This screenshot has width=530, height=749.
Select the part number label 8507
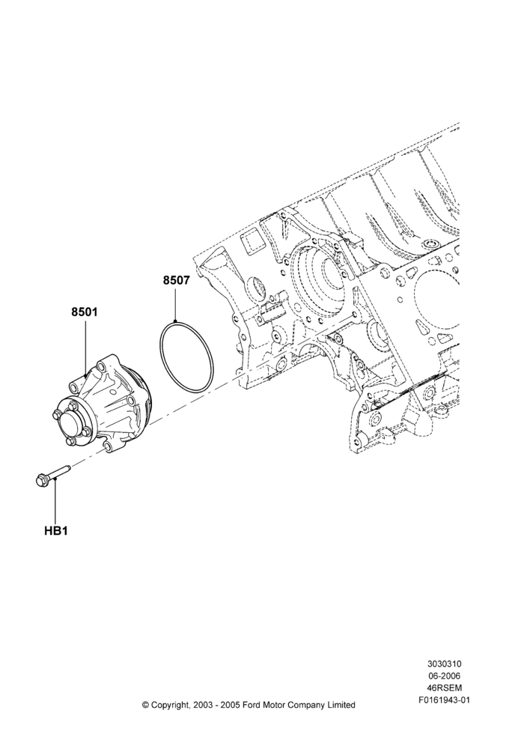coord(176,280)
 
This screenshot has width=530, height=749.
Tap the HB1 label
coord(56,531)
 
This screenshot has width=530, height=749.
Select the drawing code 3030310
coord(444,664)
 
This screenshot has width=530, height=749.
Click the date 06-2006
coord(444,676)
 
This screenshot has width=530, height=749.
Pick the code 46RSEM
coord(444,688)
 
